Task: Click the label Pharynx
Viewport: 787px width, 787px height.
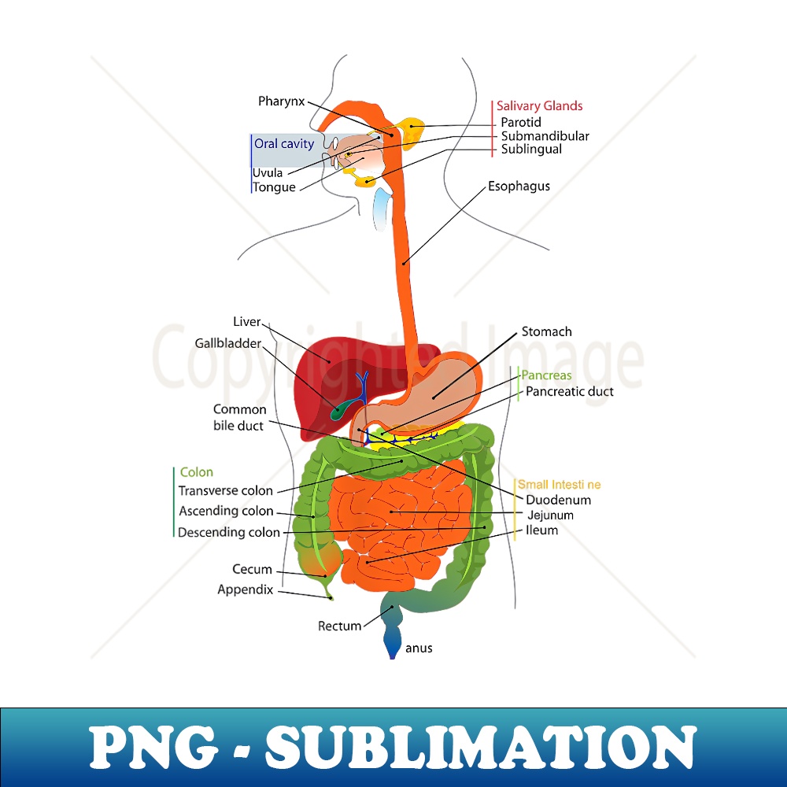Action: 280,102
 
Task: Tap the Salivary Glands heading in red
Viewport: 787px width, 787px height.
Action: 539,105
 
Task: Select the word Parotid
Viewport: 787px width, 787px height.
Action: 521,122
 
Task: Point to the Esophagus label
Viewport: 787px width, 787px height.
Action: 519,187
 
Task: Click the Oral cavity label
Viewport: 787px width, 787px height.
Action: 283,143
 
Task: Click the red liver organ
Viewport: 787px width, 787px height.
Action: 323,370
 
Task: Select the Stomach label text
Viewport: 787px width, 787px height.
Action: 546,331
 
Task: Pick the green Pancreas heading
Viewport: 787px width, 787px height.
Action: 546,375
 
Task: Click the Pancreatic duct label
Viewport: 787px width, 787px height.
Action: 569,391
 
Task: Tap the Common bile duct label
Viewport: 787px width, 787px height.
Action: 239,418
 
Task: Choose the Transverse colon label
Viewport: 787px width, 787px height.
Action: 225,490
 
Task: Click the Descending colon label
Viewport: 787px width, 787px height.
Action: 228,532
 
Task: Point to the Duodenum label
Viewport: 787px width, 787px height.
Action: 558,500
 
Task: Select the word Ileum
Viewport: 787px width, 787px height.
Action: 541,530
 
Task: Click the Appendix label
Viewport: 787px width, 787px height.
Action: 245,589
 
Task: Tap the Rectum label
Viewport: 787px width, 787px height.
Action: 339,626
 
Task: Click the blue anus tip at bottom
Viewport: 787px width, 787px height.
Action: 392,650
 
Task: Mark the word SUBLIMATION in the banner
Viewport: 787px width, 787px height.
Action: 481,748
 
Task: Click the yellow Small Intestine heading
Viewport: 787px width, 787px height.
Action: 559,485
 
